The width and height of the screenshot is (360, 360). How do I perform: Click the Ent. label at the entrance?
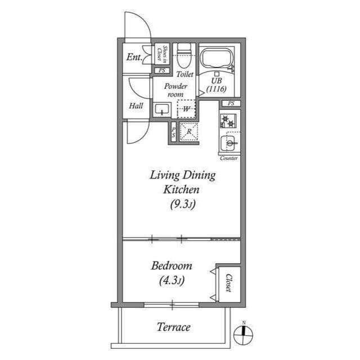coord(134,57)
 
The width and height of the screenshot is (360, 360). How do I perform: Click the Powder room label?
coord(175,91)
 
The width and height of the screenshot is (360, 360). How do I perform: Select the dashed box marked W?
coord(186,109)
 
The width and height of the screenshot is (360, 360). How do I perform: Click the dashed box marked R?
coord(188,132)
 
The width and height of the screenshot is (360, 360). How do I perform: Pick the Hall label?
coord(136,106)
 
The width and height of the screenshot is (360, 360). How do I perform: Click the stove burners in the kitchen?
coord(229,120)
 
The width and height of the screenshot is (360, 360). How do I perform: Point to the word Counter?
coord(229,158)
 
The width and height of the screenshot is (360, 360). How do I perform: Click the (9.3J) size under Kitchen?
coord(182,205)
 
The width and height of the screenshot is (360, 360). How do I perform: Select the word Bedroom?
coord(172,265)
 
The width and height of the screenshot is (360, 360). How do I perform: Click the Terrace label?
coord(173,327)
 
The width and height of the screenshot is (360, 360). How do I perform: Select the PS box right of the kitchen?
coord(231,103)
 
